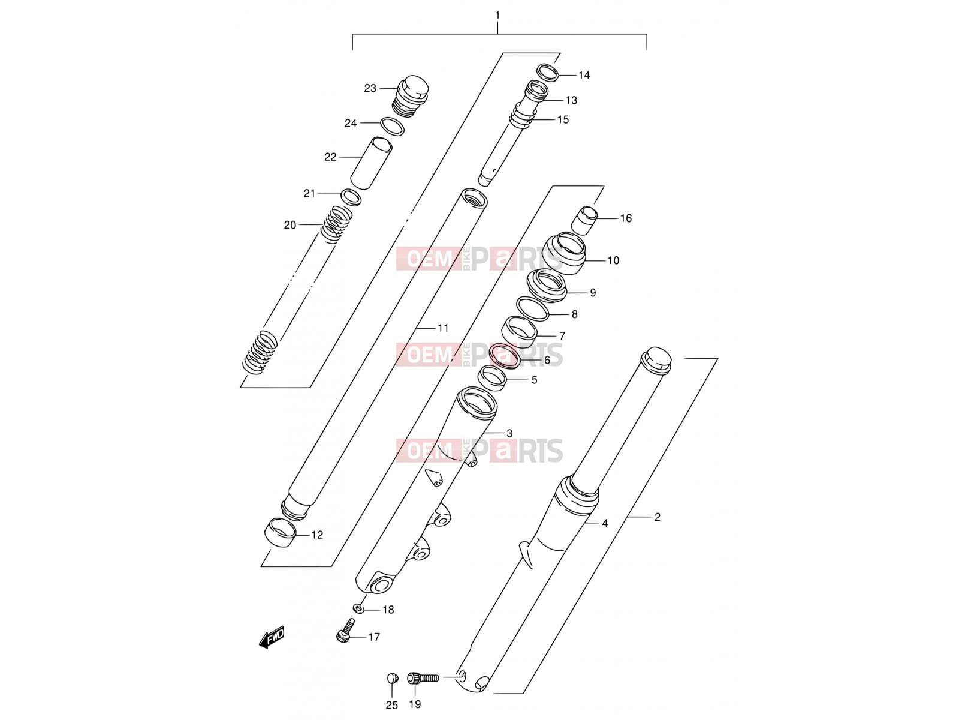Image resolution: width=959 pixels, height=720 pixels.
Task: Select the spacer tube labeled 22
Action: coord(371,163)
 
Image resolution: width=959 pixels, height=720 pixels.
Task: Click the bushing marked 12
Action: coord(280,532)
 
